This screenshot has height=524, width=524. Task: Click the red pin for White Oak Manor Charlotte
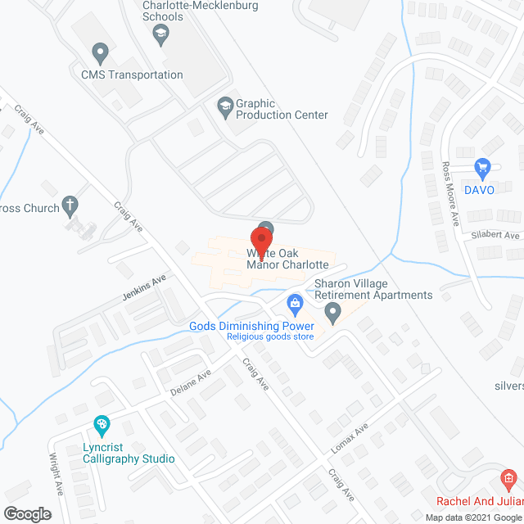(262, 236)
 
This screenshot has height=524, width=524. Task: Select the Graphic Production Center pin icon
(224, 105)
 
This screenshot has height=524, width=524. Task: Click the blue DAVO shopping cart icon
(482, 167)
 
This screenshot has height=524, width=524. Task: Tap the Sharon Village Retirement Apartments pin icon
(332, 312)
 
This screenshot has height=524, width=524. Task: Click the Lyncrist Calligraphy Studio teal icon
(102, 425)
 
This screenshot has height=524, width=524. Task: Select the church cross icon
(71, 205)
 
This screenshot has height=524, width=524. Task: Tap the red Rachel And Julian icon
(508, 478)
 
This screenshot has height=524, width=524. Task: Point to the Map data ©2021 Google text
(472, 517)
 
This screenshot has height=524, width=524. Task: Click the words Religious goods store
(270, 337)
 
